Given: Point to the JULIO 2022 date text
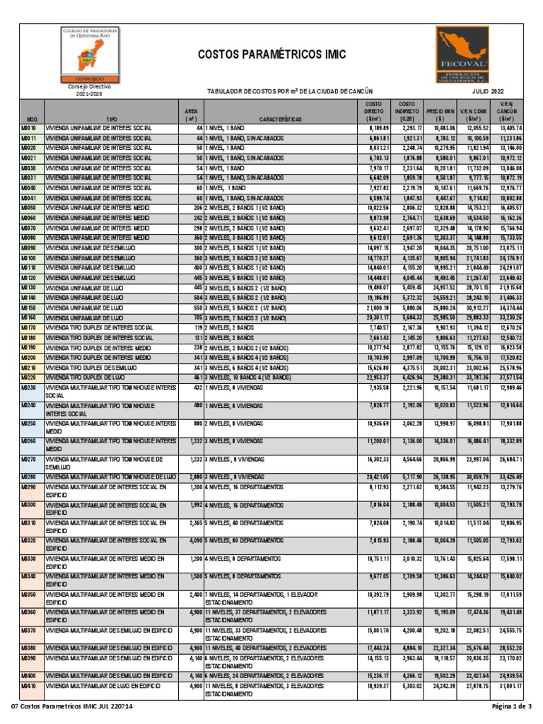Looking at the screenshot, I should tap(489, 91).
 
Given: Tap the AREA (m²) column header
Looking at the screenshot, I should tap(191, 115).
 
